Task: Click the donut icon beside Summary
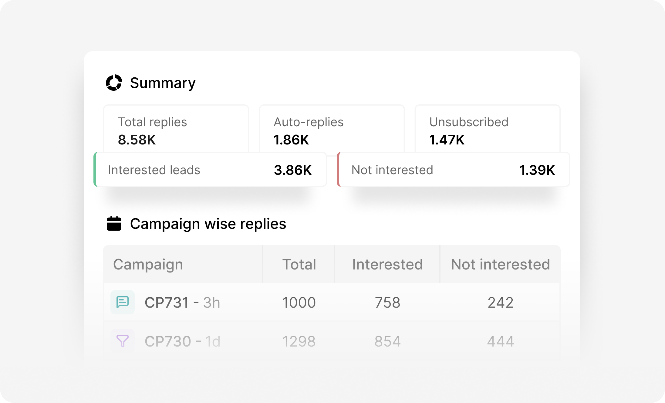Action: (114, 83)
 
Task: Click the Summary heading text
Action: (163, 83)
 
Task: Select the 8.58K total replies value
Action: (137, 140)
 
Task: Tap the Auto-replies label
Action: (308, 122)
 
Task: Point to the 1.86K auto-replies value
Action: (291, 140)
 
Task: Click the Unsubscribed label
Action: (469, 122)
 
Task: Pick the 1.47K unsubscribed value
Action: (447, 140)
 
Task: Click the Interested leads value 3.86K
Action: (293, 170)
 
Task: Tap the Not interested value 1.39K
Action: (537, 170)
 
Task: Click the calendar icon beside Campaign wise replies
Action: (114, 224)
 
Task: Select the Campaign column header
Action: (148, 264)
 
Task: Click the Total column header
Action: (299, 264)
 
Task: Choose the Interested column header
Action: (387, 264)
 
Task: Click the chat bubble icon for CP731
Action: (123, 302)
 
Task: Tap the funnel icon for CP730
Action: (123, 341)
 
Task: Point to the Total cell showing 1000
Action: (299, 303)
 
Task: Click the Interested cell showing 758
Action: (387, 303)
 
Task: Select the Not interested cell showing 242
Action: (500, 303)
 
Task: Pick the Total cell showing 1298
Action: (299, 341)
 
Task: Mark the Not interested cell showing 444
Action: (500, 341)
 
